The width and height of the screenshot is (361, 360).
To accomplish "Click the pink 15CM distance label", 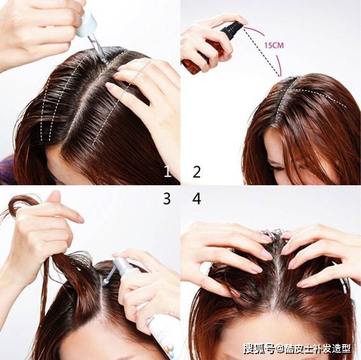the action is (274, 45).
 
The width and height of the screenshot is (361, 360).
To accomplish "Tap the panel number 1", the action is (168, 172).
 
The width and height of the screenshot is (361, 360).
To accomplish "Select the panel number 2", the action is (196, 172).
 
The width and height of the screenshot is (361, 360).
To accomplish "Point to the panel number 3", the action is (167, 198).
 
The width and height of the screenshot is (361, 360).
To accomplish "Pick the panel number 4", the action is (196, 198).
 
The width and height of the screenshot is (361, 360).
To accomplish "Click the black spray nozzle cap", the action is (231, 29).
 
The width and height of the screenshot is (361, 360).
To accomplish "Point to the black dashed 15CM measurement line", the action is (262, 52).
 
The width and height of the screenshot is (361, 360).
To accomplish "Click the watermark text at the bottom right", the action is (297, 349).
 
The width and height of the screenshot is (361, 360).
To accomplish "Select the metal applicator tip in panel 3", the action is (106, 282).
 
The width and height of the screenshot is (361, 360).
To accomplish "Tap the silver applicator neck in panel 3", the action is (111, 274).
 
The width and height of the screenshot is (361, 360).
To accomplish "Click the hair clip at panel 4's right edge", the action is (344, 286).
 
